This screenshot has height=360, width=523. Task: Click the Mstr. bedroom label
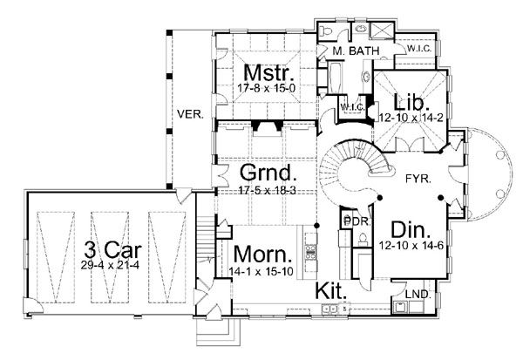(x=269, y=72)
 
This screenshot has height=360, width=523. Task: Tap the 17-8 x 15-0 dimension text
(x=267, y=88)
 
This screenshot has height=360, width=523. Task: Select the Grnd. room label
(x=268, y=173)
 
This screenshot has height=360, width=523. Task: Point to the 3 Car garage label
(x=112, y=249)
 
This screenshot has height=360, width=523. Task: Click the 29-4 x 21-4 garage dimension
(x=110, y=265)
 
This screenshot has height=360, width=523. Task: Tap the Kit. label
(x=331, y=291)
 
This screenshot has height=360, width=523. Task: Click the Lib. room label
(x=411, y=103)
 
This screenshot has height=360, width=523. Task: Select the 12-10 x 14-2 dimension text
(x=411, y=118)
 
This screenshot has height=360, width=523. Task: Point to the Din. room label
(x=411, y=230)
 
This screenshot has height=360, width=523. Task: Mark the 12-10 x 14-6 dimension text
(x=411, y=246)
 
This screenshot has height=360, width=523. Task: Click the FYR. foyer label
(x=418, y=179)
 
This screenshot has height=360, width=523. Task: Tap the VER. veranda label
(x=190, y=114)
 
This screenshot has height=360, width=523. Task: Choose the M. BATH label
(x=356, y=51)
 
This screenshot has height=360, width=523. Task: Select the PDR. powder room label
(x=357, y=222)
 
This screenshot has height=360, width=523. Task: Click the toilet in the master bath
(x=325, y=31)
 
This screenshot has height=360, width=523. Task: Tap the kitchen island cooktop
(x=311, y=251)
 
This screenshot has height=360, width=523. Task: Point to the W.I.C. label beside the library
(x=352, y=107)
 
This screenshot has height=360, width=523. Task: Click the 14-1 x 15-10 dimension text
(x=261, y=272)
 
